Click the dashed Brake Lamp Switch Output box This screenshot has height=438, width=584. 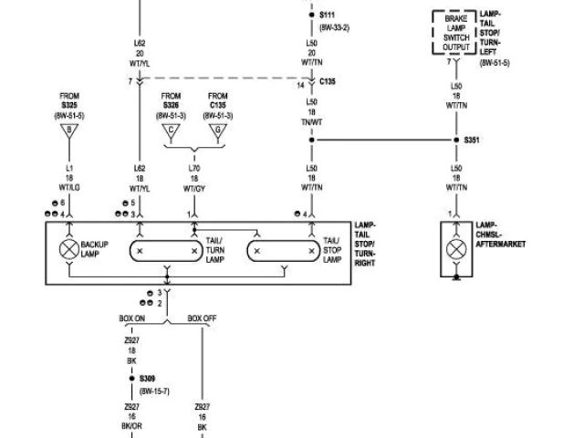coord(454,33)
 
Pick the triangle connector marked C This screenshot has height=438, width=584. coord(170,131)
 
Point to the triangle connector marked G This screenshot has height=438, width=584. coord(217,131)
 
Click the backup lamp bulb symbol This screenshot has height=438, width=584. coord(68,249)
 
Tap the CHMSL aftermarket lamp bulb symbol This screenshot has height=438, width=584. coord(454,249)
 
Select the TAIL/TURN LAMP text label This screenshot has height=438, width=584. coord(215,250)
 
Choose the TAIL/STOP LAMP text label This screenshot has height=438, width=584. coord(331,250)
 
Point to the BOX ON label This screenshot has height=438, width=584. coord(132,318)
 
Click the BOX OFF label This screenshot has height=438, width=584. coord(202,318)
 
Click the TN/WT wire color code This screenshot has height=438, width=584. coord(312,121)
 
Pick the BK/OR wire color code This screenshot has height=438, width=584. coord(131,426)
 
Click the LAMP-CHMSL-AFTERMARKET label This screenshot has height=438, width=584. coord(501,235)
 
